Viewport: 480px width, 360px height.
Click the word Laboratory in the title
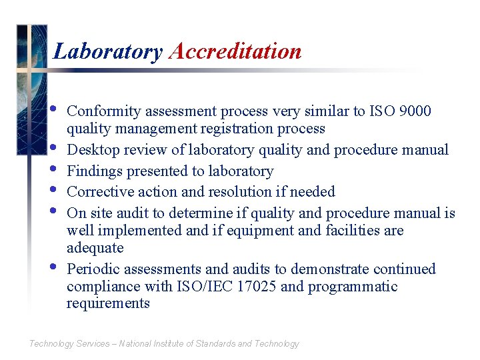pyautogui.click(x=107, y=51)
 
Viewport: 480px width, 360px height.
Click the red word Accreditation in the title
pyautogui.click(x=235, y=51)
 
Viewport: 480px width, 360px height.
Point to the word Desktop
pyautogui.click(x=93, y=149)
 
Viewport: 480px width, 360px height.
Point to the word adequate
pyautogui.click(x=95, y=247)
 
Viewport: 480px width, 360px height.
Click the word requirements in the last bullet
pyautogui.click(x=108, y=303)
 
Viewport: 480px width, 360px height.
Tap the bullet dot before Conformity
pyautogui.click(x=53, y=109)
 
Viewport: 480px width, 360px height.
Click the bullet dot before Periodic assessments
pyautogui.click(x=53, y=267)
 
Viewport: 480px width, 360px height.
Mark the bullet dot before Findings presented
pyautogui.click(x=53, y=169)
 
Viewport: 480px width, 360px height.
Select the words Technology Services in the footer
pyautogui.click(x=69, y=344)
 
